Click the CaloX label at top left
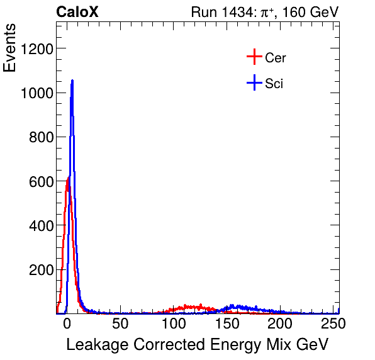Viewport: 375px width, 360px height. (77, 12)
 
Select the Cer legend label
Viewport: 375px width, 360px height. (276, 58)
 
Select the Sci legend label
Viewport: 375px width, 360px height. (274, 83)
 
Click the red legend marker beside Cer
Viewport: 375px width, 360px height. (254, 58)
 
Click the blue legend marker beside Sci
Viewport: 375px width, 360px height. (254, 82)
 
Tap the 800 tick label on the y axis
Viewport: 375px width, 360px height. (40, 137)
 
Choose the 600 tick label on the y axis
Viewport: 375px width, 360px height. (40, 181)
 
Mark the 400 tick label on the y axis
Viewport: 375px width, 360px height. (40, 225)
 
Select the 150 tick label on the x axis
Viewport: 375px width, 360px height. (227, 324)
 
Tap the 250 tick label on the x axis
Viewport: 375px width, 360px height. (332, 324)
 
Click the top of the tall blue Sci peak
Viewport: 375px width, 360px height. (72, 81)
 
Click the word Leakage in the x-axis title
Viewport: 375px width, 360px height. (94, 345)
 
